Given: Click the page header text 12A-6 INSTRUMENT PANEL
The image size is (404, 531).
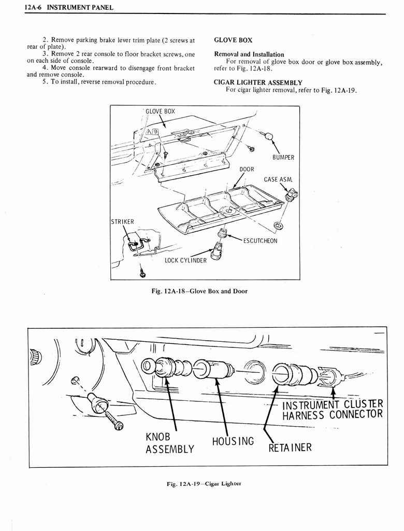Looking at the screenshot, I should pyautogui.click(x=69, y=7).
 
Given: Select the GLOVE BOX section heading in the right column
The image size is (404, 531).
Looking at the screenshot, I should pyautogui.click(x=233, y=40).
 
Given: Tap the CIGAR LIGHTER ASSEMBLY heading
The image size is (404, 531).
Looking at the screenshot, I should pyautogui.click(x=258, y=82).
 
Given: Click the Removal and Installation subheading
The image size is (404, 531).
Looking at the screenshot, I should pyautogui.click(x=249, y=54).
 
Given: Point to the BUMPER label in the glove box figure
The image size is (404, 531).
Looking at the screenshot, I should pyautogui.click(x=283, y=157).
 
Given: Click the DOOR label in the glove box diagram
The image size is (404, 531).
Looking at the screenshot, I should pyautogui.click(x=247, y=169).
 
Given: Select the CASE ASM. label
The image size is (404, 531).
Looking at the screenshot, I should pyautogui.click(x=278, y=179).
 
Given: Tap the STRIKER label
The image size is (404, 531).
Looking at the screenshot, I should pyautogui.click(x=123, y=222).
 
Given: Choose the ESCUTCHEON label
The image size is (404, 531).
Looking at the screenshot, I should pyautogui.click(x=259, y=241).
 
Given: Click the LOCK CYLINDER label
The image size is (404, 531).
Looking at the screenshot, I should pyautogui.click(x=185, y=260).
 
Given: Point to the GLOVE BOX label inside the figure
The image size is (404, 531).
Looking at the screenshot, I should pyautogui.click(x=160, y=111).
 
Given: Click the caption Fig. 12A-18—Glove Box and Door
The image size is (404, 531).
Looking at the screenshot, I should pyautogui.click(x=199, y=291).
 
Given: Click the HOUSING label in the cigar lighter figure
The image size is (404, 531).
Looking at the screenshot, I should pyautogui.click(x=233, y=441).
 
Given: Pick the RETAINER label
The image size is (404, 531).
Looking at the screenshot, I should pyautogui.click(x=290, y=446).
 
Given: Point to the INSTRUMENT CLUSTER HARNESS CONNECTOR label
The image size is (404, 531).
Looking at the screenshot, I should pyautogui.click(x=332, y=410).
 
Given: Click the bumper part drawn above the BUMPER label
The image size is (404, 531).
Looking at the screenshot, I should pyautogui.click(x=268, y=136).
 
